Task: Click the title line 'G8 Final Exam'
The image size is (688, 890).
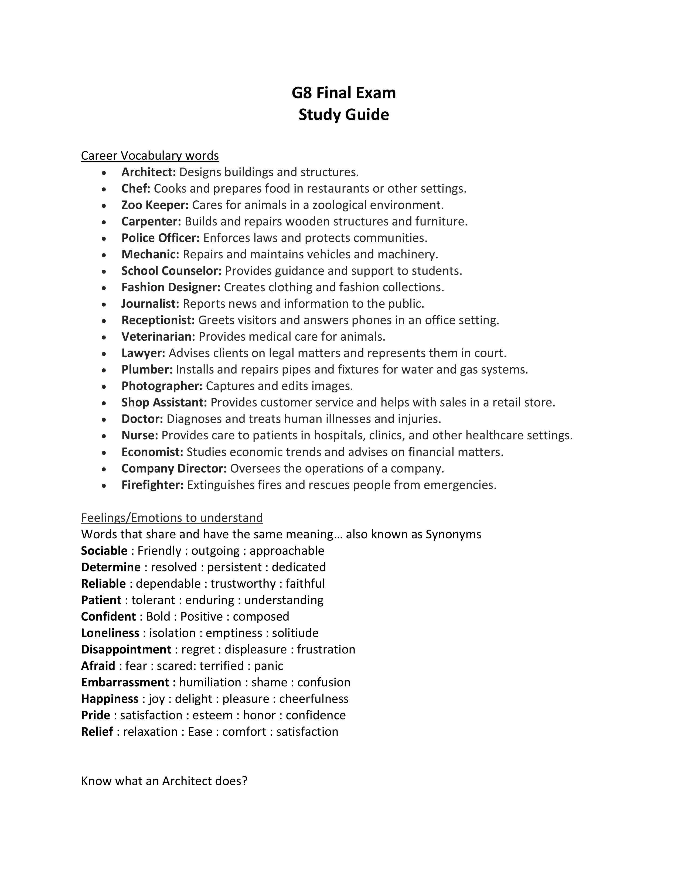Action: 343,93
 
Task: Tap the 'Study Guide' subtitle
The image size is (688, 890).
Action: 343,115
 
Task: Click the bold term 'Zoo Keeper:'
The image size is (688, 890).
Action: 155,205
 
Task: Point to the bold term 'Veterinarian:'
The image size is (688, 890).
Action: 158,337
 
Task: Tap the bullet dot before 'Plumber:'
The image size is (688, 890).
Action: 105,370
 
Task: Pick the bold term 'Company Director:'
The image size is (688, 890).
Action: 174,469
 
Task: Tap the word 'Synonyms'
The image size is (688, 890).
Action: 453,534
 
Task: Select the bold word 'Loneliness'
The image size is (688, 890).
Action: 110,633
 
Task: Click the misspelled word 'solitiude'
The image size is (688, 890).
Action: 295,633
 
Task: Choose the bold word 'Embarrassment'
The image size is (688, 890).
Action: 125,682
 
